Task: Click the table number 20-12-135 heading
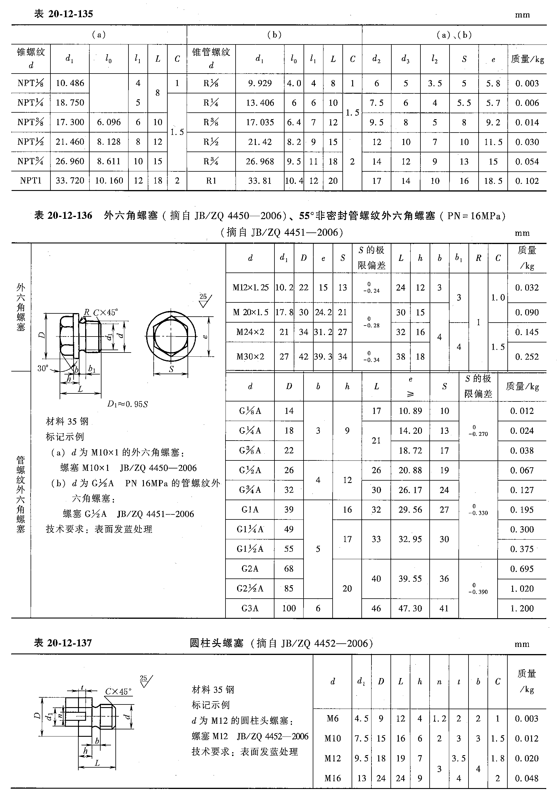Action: (63, 14)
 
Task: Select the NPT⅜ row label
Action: (31, 122)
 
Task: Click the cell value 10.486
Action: (70, 83)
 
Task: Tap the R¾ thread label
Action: (211, 162)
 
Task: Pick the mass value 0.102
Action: (527, 181)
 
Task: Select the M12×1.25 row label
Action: (250, 288)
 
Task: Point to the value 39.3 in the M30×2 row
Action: (323, 357)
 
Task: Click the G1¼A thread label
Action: (250, 530)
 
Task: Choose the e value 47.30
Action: (410, 608)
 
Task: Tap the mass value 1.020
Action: (522, 589)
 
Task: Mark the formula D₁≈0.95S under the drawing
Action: (127, 404)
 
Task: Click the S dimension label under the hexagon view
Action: (171, 369)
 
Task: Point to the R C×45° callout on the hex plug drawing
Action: (100, 313)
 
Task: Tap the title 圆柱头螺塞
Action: (217, 643)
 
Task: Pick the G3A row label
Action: (250, 608)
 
